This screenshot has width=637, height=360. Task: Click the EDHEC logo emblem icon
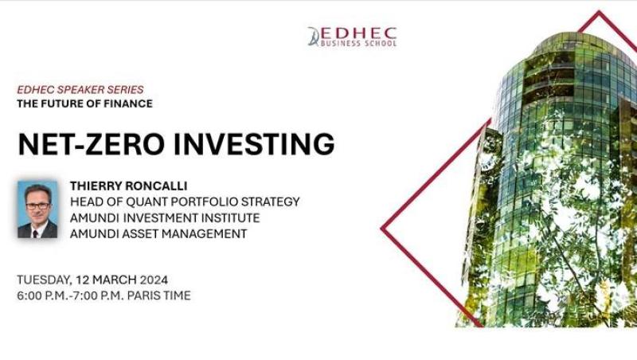tap(313, 36)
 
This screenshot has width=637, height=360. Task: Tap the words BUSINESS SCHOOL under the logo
tap(358, 43)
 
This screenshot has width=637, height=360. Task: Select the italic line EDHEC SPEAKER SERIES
tap(80, 89)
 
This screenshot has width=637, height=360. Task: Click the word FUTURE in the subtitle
tap(63, 104)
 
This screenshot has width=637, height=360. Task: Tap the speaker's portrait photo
tap(37, 209)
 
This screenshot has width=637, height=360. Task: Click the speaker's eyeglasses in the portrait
tap(37, 206)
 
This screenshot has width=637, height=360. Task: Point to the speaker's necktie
tap(36, 233)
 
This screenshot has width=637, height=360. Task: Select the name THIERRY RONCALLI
tap(128, 186)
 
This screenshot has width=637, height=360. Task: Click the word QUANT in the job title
tap(150, 202)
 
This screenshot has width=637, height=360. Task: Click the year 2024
tap(154, 280)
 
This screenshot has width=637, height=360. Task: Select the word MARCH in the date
tap(115, 280)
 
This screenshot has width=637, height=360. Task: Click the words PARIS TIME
tap(158, 295)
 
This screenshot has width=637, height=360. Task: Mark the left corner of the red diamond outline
tap(381, 229)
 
